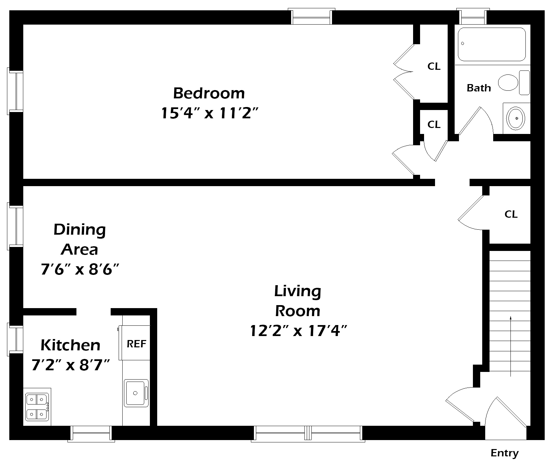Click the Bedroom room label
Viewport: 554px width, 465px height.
coord(209,93)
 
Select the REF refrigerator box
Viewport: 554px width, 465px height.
coord(136,343)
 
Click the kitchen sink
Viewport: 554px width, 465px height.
coord(136,393)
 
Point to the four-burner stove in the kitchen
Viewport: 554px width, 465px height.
coord(37,407)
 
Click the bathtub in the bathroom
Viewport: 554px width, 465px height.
coord(492,44)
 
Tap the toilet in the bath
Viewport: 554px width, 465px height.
coord(508,82)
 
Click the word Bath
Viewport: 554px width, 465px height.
coord(479,88)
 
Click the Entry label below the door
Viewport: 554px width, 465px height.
coord(504,453)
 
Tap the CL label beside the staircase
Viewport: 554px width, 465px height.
coord(511,214)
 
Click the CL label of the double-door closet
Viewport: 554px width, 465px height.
coord(434,66)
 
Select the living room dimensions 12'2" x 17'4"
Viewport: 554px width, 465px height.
coord(298,331)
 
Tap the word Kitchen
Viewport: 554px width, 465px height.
coord(70,345)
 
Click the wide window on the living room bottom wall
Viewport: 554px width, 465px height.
coord(308,434)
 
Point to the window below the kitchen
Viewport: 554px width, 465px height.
coord(91,434)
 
